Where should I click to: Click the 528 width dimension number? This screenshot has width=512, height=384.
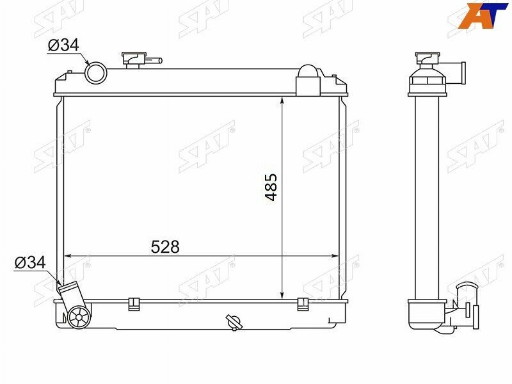coord(165,246)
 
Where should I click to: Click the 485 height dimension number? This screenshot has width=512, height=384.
coord(271,187)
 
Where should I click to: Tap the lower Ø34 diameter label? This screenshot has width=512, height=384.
coord(29,262)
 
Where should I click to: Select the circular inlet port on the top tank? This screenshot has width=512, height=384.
coord(95,72)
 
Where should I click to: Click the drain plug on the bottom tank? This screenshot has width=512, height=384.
coord(232,321)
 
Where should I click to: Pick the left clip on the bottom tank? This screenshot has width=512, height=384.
coord(134,303)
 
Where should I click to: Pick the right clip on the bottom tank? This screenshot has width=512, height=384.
coord(303,303)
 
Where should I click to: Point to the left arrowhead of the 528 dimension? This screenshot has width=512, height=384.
coord(68,256)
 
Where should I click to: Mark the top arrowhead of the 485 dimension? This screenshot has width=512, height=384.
coord(282,100)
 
